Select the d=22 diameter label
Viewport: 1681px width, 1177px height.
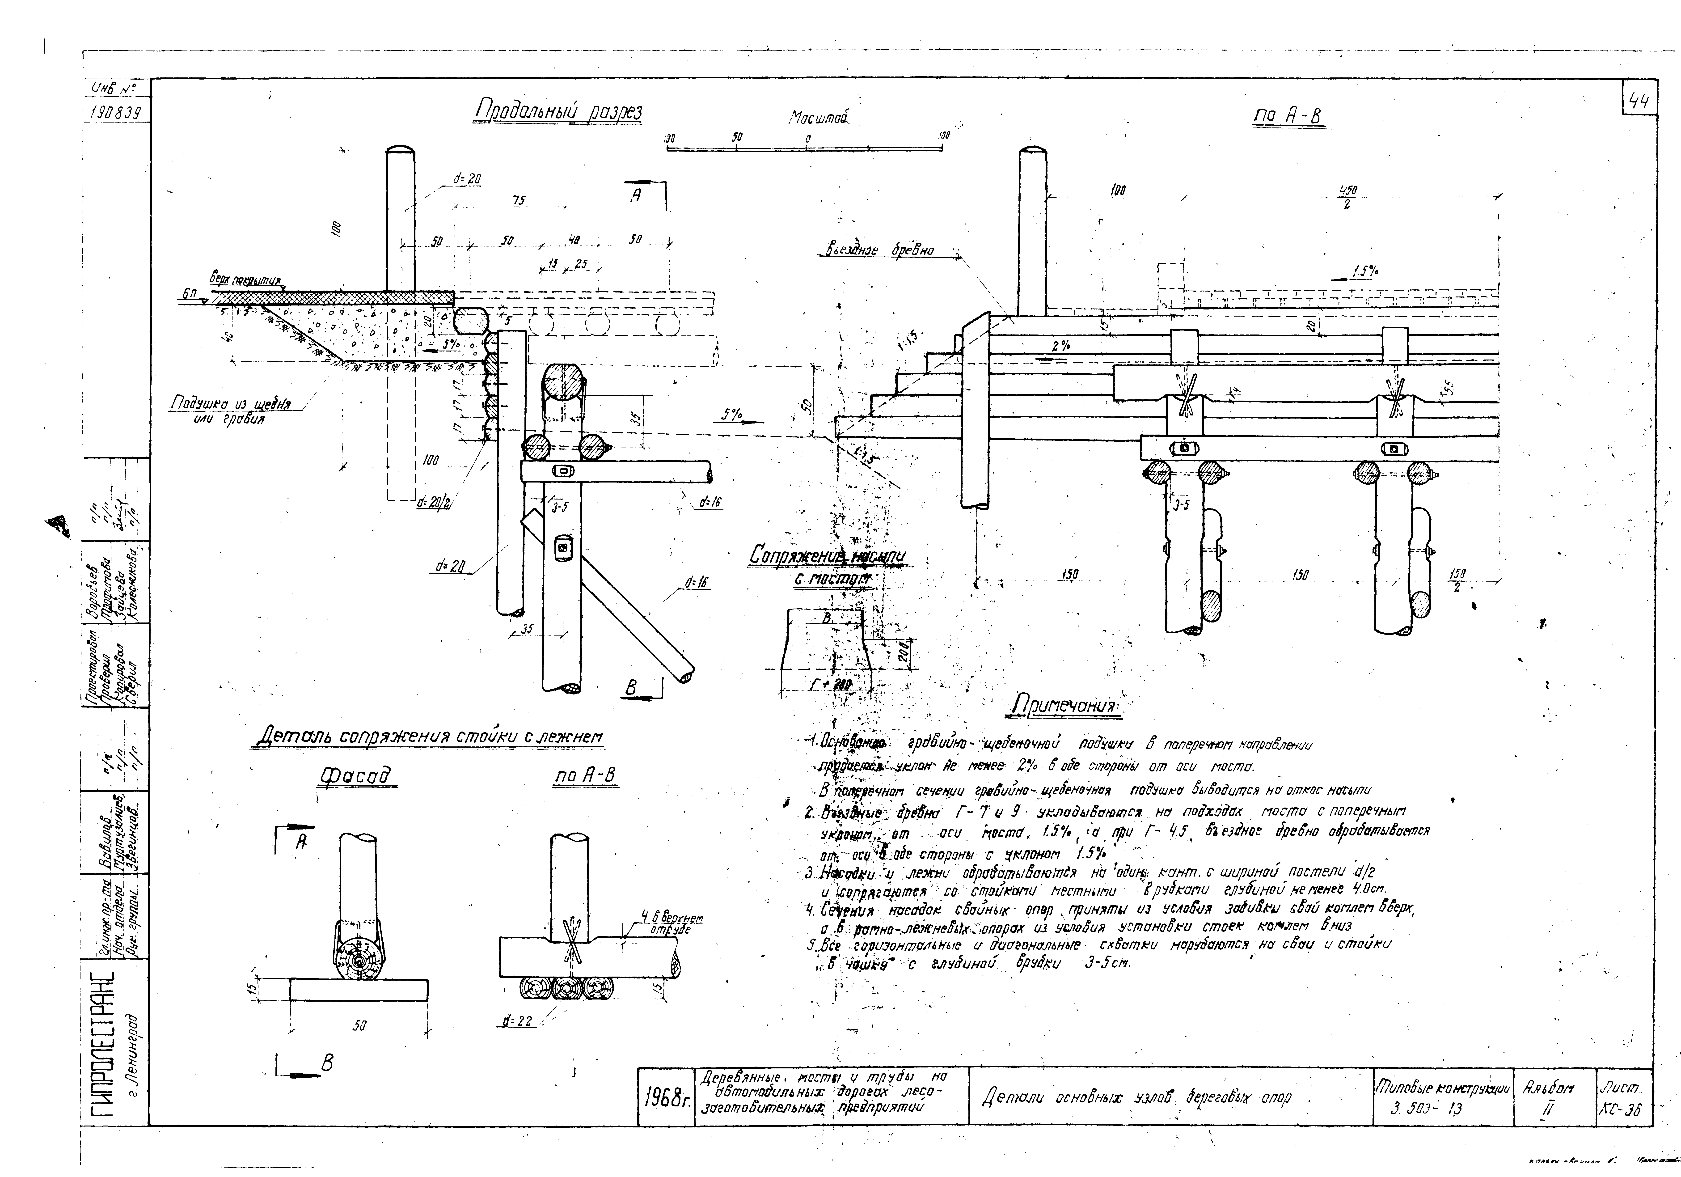[x=518, y=1022]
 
